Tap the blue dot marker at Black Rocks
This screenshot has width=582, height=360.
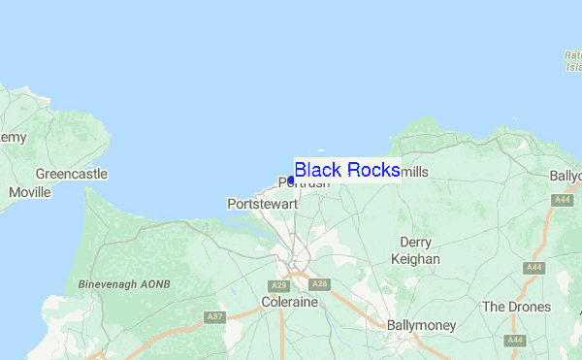291,180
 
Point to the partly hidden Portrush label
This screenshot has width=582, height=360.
304,183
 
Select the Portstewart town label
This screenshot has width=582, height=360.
258,205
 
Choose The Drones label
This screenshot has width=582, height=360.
516,307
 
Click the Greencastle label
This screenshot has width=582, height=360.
71,175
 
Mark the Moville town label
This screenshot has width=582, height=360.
29,192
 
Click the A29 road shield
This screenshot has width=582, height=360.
279,285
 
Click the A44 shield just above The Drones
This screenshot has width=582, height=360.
533,267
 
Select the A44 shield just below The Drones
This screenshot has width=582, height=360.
516,341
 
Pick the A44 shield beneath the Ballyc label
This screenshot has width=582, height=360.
562,200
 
